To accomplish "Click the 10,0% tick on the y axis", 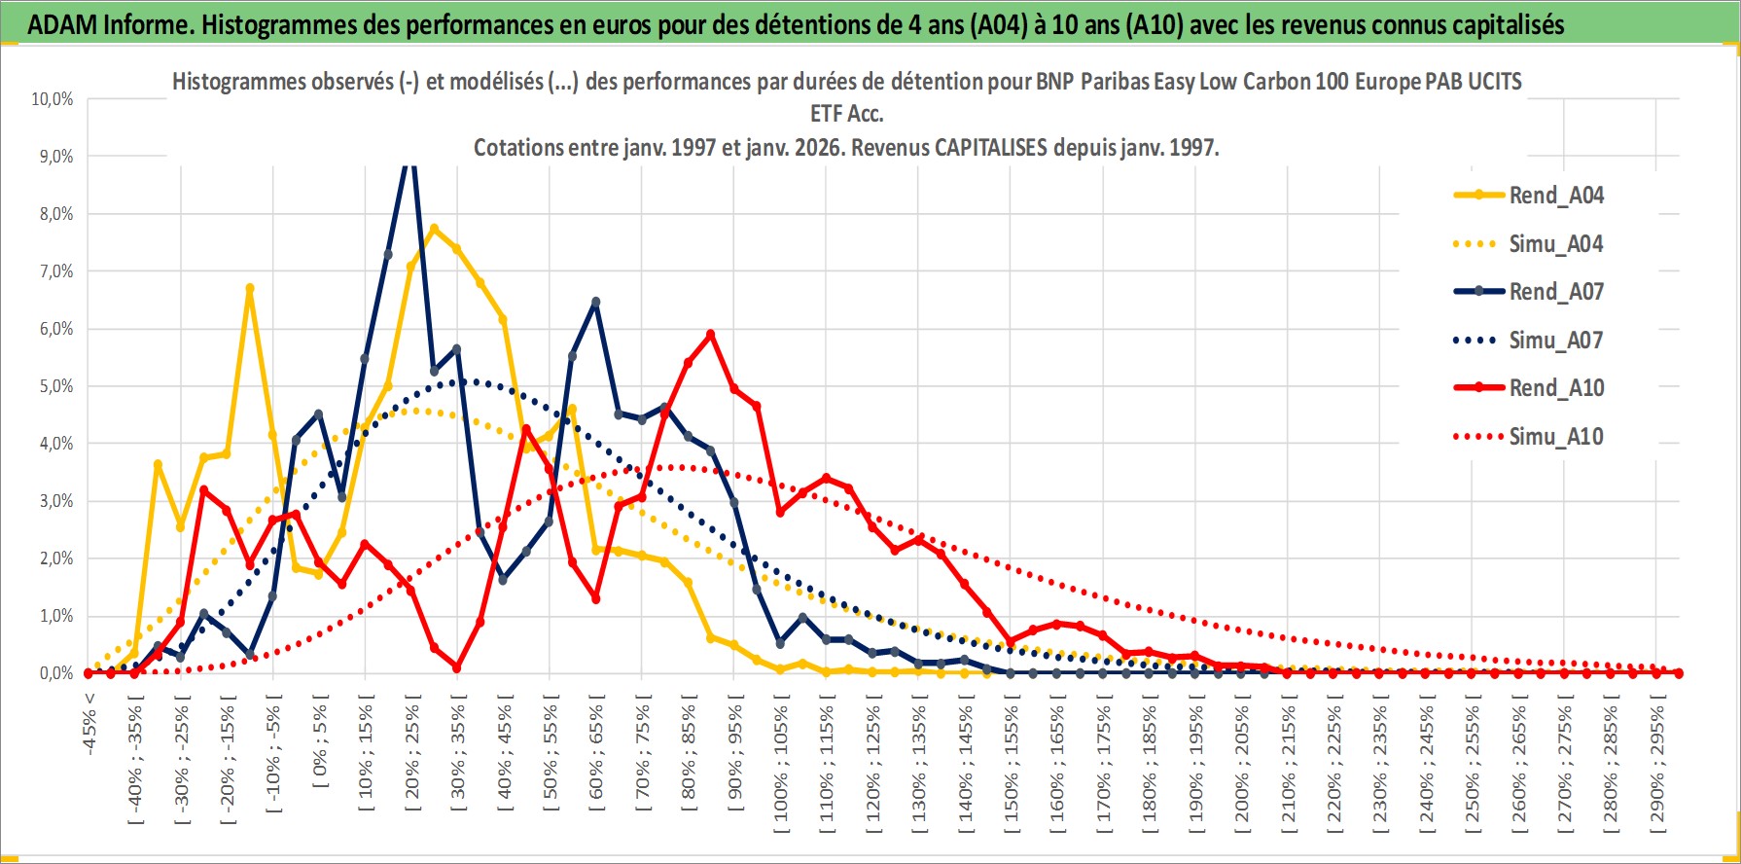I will click(x=53, y=99).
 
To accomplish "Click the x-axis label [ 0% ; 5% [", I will click(x=320, y=739).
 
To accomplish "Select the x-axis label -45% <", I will click(x=89, y=720).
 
